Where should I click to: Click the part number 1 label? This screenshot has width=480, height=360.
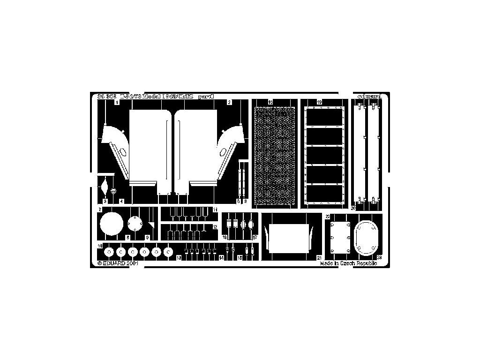click(117, 102)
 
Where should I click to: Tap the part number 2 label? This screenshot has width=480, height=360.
click(229, 102)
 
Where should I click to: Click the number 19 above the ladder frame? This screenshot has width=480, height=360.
click(319, 102)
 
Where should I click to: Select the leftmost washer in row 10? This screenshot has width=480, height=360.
click(109, 252)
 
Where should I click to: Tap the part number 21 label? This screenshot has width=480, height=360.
click(319, 257)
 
